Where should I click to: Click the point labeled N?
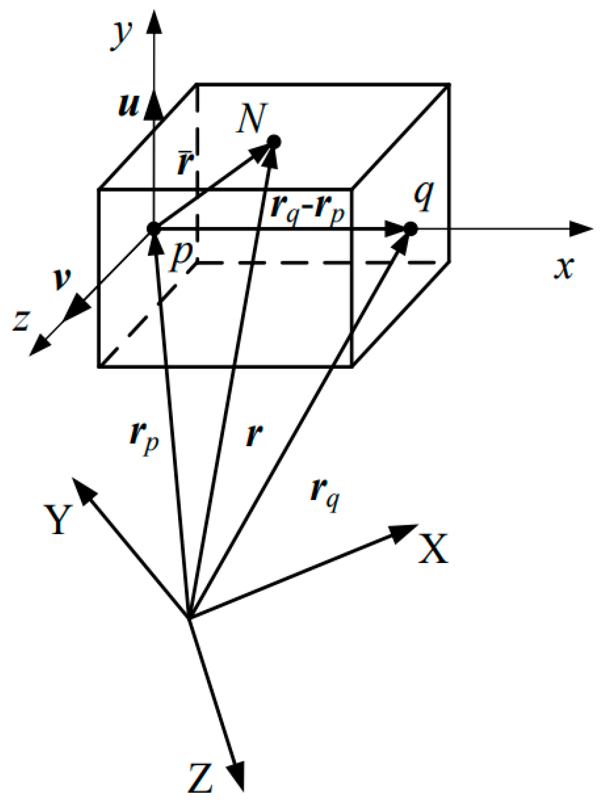point(274,142)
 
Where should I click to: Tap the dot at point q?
point(410,229)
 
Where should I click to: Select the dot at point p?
point(153,229)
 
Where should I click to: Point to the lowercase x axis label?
point(564,268)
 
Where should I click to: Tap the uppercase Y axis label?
point(58,519)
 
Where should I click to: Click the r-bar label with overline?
point(185,162)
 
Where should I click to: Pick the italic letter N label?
point(252,118)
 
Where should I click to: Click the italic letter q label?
point(423,194)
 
